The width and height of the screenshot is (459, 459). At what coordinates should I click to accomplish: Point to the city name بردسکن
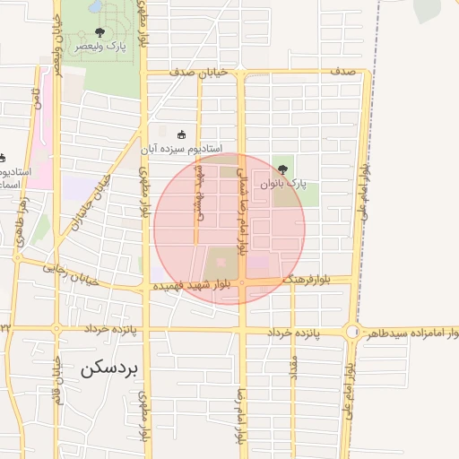click(106, 368)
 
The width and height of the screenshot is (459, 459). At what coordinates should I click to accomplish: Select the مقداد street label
click(292, 368)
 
